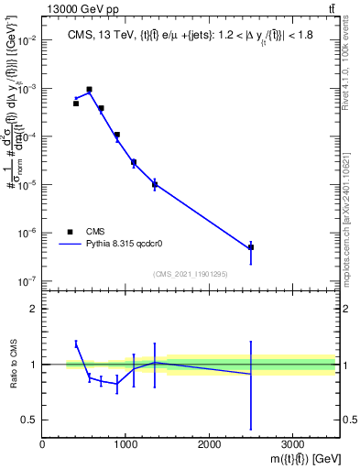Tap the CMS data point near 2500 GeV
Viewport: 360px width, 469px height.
(250, 247)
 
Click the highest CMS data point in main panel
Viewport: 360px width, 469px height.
(89, 90)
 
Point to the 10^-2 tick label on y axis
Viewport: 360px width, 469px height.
(28, 41)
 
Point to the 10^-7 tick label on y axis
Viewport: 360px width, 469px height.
(28, 281)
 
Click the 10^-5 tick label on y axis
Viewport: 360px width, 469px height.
(28, 185)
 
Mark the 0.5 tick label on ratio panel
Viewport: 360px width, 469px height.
(28, 420)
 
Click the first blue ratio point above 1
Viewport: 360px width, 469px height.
(76, 344)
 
